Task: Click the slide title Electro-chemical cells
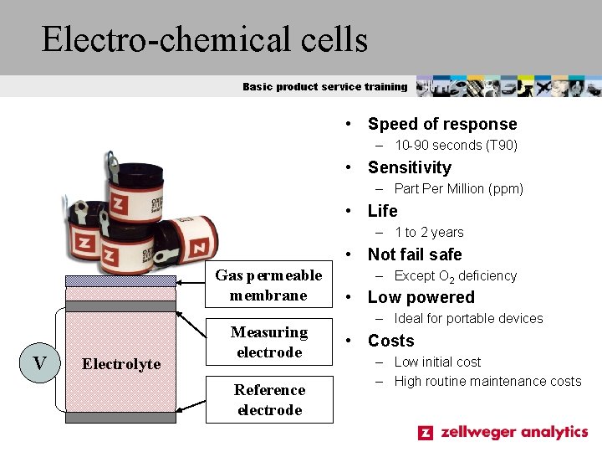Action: (x=205, y=39)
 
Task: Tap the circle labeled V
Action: (x=39, y=362)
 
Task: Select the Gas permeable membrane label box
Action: (x=268, y=285)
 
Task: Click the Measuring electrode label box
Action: (x=268, y=342)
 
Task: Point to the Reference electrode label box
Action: (x=268, y=399)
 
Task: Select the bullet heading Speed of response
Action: (x=442, y=124)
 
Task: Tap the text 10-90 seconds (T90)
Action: (x=456, y=146)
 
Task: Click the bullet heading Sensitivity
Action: (x=409, y=167)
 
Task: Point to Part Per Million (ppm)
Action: (x=458, y=189)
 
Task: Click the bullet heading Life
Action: (x=382, y=211)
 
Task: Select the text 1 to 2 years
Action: (x=428, y=233)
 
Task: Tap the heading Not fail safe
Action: (x=415, y=254)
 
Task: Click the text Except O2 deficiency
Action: (x=455, y=276)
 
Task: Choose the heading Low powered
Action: (x=421, y=297)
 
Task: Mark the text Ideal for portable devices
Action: (x=468, y=319)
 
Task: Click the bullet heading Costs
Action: (x=390, y=341)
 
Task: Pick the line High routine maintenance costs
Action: (x=487, y=382)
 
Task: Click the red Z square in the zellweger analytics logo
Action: (x=426, y=433)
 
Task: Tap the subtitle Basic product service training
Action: (x=325, y=86)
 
